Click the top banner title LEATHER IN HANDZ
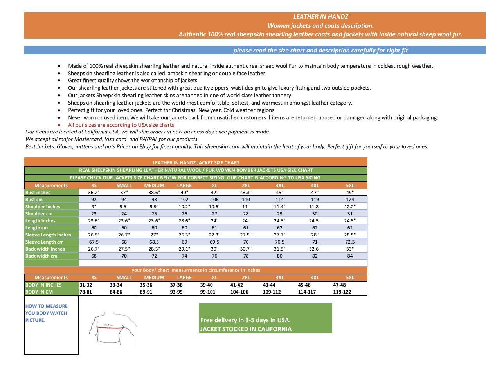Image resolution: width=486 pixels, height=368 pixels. pos(320,17)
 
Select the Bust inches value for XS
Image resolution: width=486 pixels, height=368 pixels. pos(94,193)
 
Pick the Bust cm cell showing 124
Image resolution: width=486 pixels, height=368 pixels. pos(350,200)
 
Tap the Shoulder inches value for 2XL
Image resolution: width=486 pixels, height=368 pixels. pos(246,207)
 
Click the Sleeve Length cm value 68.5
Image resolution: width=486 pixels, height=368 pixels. pos(154,242)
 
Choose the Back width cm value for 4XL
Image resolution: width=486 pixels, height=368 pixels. pos(315,256)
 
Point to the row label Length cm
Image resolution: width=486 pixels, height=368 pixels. pos(37,228)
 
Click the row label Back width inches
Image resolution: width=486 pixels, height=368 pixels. pos(45,249)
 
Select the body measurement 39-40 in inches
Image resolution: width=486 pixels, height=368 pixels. pos(206,285)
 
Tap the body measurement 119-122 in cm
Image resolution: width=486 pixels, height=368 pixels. pos(342,292)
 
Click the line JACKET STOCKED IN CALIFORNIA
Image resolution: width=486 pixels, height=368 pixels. pos(246,329)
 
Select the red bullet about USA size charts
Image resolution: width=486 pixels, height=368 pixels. pos(122,125)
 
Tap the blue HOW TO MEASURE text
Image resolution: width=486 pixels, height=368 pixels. pos(46,313)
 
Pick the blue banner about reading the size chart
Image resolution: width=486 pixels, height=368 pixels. pos(320,51)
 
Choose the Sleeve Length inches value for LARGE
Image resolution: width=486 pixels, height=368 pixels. pos(184,235)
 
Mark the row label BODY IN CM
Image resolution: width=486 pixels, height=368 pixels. pos(39,292)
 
